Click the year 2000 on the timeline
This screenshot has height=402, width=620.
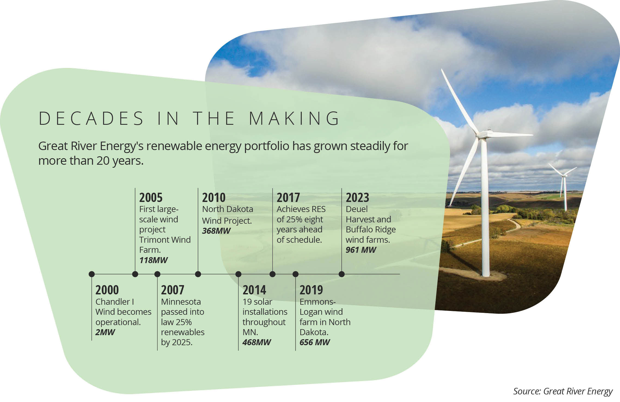pos(107,290)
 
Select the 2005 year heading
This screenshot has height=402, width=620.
pos(151,198)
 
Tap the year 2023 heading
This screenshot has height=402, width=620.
pos(357,198)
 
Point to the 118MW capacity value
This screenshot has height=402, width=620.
pos(153,260)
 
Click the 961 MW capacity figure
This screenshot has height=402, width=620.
pos(361,250)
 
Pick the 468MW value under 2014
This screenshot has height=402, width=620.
pos(256,342)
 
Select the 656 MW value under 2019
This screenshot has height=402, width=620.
pos(314,342)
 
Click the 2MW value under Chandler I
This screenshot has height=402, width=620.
pos(105,332)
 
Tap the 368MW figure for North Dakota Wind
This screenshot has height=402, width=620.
pos(216,231)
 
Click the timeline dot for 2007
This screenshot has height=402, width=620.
pos(157,274)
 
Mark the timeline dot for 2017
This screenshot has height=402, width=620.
pos(273,274)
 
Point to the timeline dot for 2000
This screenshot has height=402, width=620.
pos(92,274)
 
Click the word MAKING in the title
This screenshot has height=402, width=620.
pos(294,118)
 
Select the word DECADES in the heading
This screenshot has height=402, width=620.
pos(91,118)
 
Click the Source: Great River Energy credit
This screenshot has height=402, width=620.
pos(563,391)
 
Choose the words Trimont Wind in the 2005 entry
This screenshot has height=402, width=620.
pos(165,240)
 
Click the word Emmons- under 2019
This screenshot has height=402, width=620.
pos(317,302)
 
